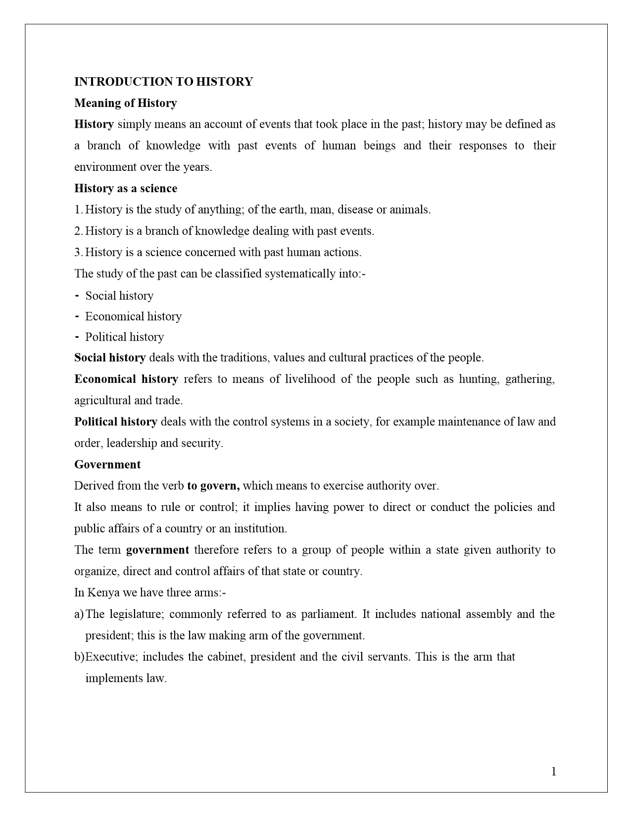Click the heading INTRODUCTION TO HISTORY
(x=163, y=82)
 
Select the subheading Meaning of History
(x=125, y=103)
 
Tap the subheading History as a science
(x=125, y=188)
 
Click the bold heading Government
(x=107, y=464)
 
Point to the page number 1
(x=554, y=771)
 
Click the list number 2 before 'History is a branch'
(x=78, y=231)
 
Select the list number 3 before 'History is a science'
(x=78, y=252)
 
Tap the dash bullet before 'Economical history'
(x=77, y=316)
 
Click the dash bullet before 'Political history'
(x=77, y=337)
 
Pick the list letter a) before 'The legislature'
(x=79, y=614)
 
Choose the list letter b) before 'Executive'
(x=79, y=657)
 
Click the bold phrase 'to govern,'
(x=213, y=486)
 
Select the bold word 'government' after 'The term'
(x=157, y=550)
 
